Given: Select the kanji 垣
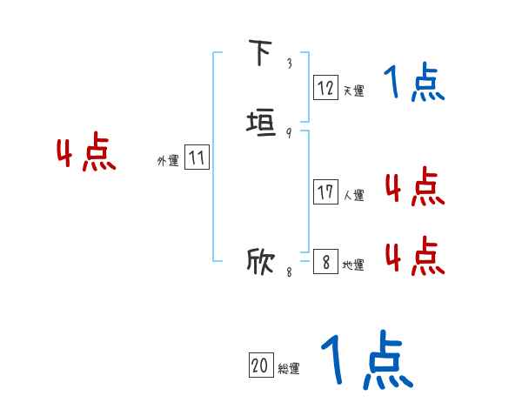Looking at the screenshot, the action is [x=261, y=123].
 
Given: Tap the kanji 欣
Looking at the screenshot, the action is [x=261, y=260].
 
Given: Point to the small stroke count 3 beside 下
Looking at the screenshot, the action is [x=289, y=64].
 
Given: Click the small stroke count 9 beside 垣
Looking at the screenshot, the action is [x=289, y=133].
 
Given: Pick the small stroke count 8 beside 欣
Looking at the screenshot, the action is [x=289, y=272].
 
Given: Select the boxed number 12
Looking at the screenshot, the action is [x=325, y=87].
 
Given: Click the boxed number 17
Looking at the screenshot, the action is [x=325, y=192].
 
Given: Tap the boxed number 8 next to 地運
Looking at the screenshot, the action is [x=325, y=262].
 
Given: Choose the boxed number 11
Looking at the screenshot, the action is [x=197, y=158].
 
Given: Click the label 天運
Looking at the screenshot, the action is [x=352, y=90].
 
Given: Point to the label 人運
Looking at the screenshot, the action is [x=352, y=195].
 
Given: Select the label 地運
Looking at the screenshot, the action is [x=352, y=265].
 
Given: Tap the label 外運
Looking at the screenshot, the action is [x=168, y=161].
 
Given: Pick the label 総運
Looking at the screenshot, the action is [x=289, y=368].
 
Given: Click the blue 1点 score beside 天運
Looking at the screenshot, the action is [x=413, y=84].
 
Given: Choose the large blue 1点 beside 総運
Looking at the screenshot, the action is [x=365, y=360].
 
